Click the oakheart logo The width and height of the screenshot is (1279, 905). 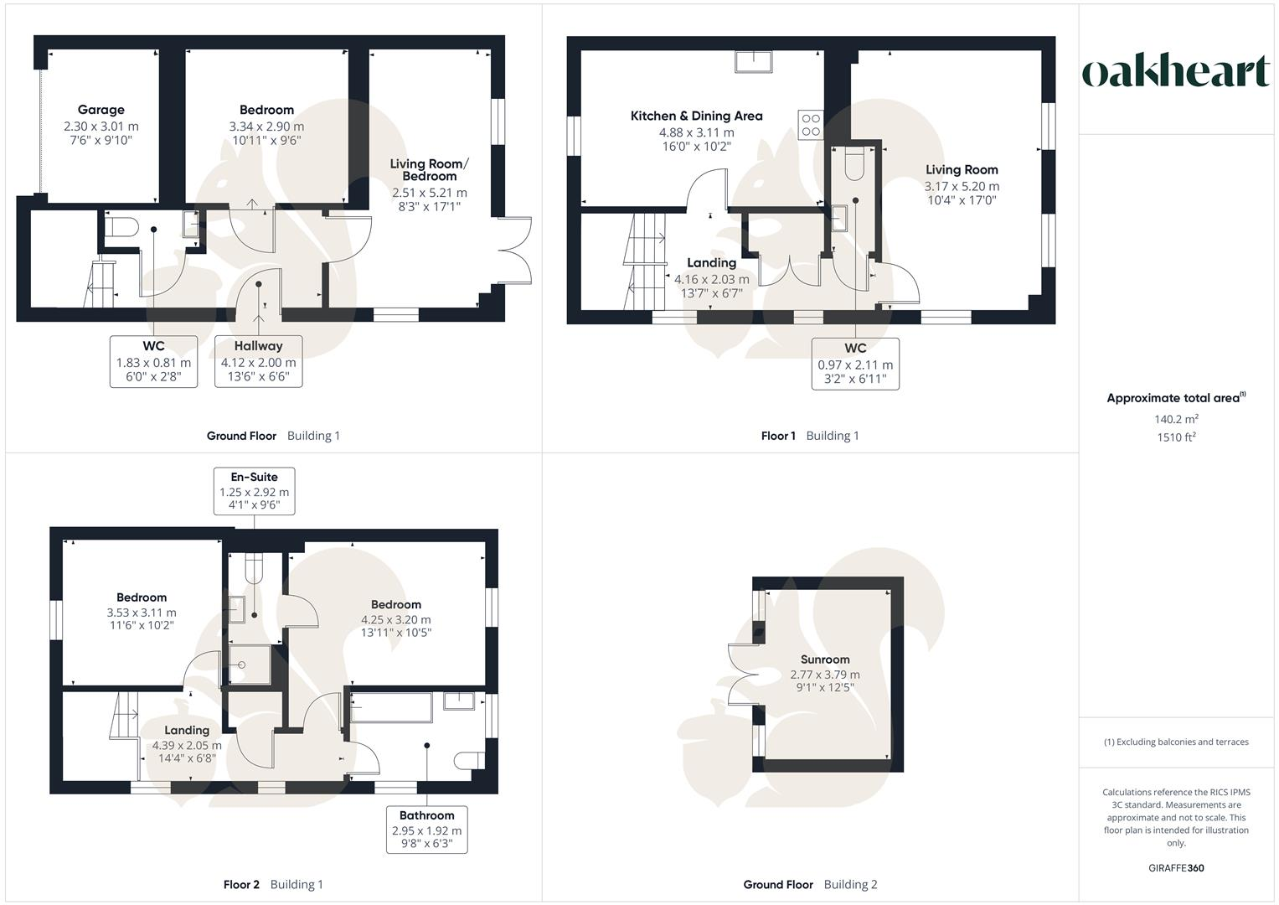1176,72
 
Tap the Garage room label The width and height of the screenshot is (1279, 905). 101,110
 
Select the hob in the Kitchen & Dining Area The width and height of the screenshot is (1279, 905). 811,125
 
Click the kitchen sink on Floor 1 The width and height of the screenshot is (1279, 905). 755,61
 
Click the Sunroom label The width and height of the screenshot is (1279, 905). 825,659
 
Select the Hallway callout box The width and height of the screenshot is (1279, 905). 258,361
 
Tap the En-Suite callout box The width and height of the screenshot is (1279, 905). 255,491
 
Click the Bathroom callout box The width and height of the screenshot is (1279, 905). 426,830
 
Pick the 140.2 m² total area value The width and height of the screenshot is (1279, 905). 1176,419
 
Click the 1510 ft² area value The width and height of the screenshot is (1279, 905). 1176,437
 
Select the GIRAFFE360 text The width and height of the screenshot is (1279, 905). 1176,868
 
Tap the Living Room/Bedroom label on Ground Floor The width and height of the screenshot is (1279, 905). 429,170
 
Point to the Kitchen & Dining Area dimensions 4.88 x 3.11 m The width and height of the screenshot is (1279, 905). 696,132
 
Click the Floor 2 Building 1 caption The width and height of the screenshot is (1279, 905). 273,884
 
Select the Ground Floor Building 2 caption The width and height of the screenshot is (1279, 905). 810,884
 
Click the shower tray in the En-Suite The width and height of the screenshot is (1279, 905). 246,665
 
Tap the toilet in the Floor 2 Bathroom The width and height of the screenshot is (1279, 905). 469,760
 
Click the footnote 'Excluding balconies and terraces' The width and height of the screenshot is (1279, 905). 1176,742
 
